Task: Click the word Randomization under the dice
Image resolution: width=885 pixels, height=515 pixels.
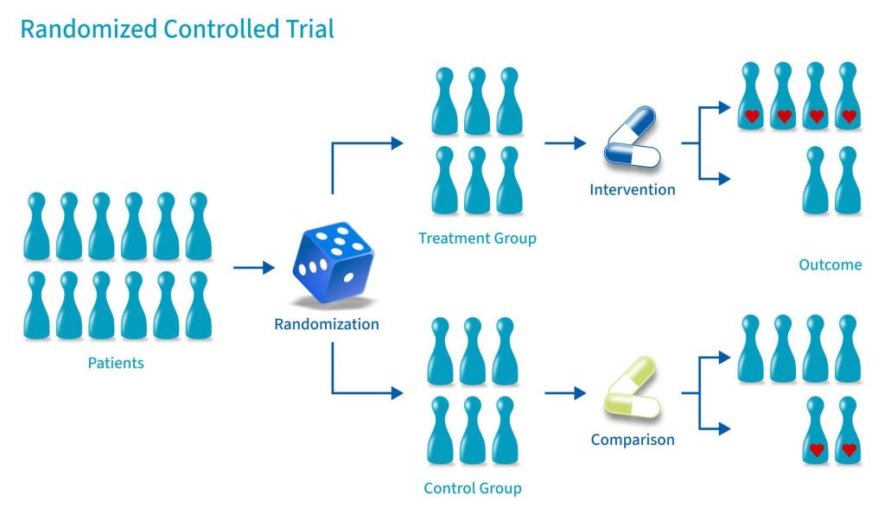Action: [327, 325]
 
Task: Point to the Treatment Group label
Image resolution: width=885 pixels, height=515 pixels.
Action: [477, 238]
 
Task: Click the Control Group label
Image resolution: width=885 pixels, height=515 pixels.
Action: [473, 489]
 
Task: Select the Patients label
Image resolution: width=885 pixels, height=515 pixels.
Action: [116, 363]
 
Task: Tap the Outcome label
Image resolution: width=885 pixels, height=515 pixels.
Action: [830, 264]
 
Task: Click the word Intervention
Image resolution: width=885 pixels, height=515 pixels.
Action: [633, 189]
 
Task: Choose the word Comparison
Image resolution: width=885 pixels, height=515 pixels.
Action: [633, 440]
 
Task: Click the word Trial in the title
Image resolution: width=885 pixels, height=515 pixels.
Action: [306, 29]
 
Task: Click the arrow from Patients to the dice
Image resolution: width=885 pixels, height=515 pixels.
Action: [254, 268]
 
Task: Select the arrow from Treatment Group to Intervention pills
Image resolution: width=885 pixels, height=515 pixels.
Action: [565, 143]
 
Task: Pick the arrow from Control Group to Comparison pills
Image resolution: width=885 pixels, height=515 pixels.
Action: [565, 393]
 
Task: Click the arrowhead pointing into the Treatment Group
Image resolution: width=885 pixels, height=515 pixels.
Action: [397, 143]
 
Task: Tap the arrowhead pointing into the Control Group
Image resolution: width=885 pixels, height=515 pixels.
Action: [397, 393]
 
